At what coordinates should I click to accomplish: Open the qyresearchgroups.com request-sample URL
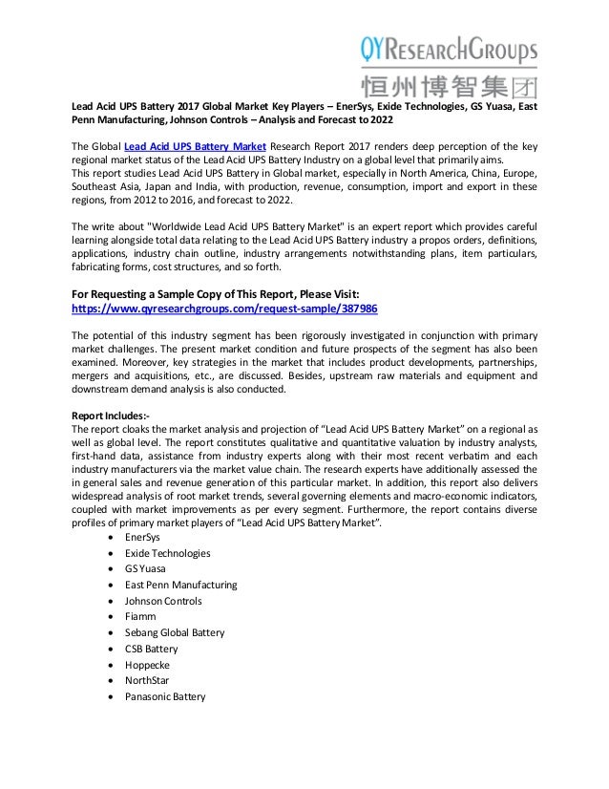point(224,310)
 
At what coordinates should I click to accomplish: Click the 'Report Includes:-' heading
point(111,416)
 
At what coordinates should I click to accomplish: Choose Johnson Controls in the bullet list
point(163,601)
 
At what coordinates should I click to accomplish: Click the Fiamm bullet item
point(140,617)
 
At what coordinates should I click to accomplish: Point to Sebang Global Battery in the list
point(175,633)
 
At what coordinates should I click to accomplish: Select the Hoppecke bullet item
point(147,665)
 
